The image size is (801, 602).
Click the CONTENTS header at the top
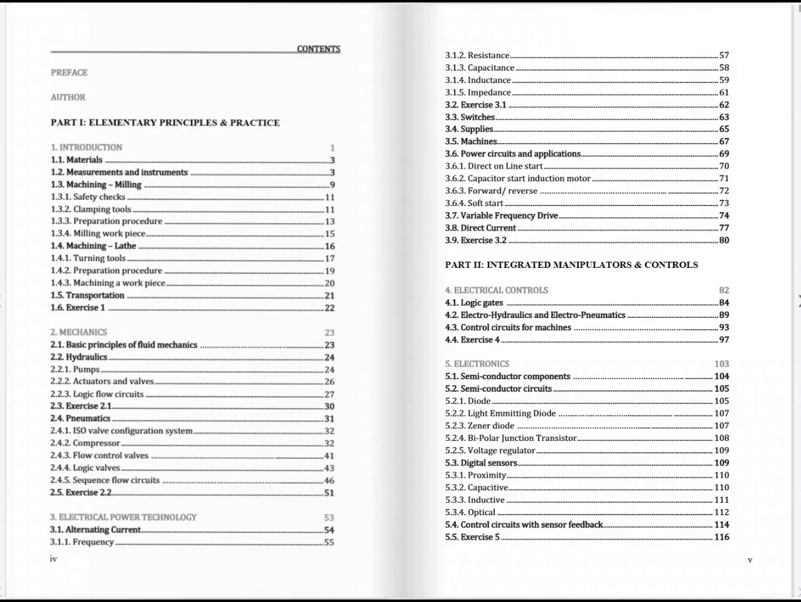click(318, 49)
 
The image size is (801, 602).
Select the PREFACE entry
click(69, 72)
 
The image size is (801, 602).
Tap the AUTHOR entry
click(68, 97)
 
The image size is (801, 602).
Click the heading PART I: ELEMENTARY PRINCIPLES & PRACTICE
click(165, 122)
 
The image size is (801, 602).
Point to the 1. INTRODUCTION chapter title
click(87, 147)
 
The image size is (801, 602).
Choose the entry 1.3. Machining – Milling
click(96, 184)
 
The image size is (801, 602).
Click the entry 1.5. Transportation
click(87, 295)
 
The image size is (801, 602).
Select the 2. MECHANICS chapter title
click(79, 332)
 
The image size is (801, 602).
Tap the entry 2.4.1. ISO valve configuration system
click(122, 431)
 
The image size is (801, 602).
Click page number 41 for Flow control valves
click(329, 456)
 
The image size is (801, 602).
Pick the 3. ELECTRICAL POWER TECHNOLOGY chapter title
click(124, 517)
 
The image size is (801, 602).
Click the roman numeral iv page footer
click(54, 559)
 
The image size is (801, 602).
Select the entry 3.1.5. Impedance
click(478, 92)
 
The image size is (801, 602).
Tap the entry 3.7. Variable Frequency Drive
click(502, 215)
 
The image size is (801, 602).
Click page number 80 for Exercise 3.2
click(724, 240)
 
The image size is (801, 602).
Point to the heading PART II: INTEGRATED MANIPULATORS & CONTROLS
click(571, 265)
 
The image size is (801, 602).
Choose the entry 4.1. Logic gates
click(474, 303)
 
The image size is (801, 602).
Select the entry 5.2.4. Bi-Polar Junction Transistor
click(511, 438)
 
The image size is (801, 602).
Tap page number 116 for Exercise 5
click(721, 537)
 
